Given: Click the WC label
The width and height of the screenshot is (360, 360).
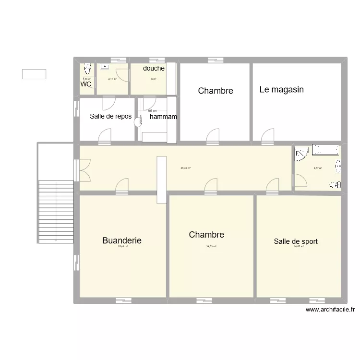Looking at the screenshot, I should click(x=86, y=84).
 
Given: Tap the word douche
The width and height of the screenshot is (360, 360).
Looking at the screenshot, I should click(x=154, y=69).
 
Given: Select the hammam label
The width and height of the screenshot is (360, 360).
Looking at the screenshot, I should click(x=163, y=117).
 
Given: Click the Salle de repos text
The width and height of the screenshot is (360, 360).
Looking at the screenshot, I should click(x=111, y=116).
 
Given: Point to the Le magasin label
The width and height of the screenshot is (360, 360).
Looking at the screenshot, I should click(x=282, y=90).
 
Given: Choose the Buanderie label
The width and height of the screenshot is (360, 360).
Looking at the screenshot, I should click(x=122, y=240).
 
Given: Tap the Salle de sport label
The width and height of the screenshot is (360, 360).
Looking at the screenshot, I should click(x=296, y=241).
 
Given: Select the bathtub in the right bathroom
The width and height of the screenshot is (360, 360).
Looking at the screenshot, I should click(x=325, y=149).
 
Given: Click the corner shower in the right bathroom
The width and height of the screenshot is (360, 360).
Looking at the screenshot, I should click(x=301, y=153).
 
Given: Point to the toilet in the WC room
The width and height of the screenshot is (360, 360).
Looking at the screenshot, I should click(x=87, y=67).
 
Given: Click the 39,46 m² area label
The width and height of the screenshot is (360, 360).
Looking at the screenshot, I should click(x=186, y=168).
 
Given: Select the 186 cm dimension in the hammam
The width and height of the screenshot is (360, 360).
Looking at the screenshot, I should click(x=153, y=111).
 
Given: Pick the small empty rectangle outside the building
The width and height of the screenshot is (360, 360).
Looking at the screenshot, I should click(x=34, y=74).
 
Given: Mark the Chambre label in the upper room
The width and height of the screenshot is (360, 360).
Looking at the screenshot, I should click(x=216, y=91).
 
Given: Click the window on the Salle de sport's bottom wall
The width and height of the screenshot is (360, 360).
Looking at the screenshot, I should click(x=279, y=301).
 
